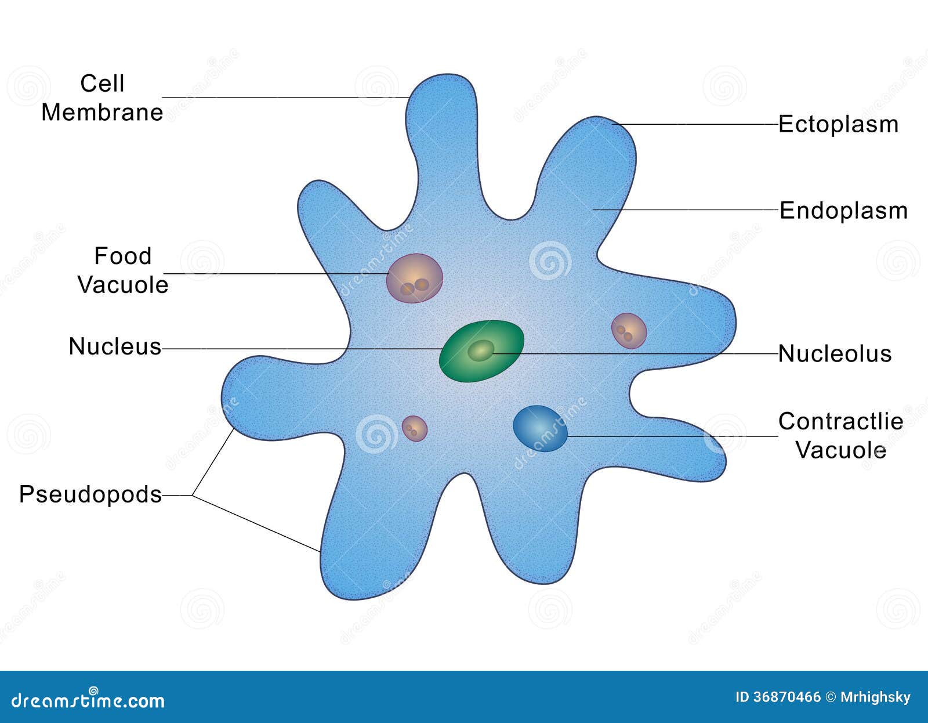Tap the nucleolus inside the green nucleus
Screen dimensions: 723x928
coord(480,350)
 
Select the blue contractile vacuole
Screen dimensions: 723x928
coord(539,428)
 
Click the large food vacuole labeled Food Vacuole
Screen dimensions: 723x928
coord(414,278)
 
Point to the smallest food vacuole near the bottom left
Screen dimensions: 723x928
coord(414,429)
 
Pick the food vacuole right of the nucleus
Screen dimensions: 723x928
coord(629,331)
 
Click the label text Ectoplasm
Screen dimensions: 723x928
coord(838,124)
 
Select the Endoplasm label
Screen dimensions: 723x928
coord(843,210)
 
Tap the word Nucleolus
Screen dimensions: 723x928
coord(835,353)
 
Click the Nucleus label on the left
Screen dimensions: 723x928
coord(115,346)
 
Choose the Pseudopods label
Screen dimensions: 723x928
coord(90,494)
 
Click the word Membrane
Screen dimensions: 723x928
coord(102,112)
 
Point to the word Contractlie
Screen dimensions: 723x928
coord(840,421)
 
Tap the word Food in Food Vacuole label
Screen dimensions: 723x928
coord(123,256)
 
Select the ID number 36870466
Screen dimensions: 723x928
coord(787,697)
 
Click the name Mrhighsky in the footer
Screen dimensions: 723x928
coord(875,697)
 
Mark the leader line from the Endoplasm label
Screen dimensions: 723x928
coord(684,209)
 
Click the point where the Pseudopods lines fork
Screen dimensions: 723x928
coord(193,496)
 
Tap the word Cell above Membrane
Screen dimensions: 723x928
coord(102,84)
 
